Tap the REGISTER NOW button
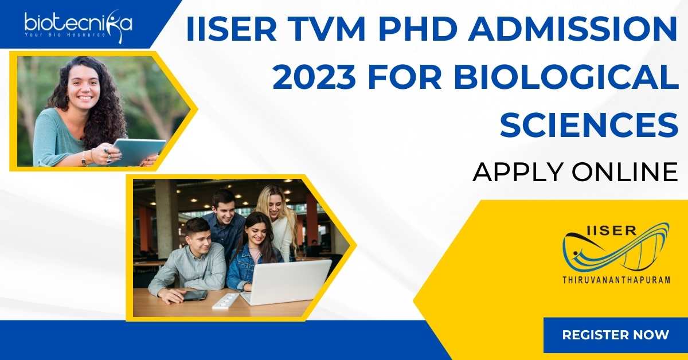[616, 335]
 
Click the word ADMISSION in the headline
[573, 29]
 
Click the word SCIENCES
[589, 124]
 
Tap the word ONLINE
[625, 173]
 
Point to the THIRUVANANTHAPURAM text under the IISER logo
[616, 280]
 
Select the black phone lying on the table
[195, 295]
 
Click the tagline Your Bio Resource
[65, 35]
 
